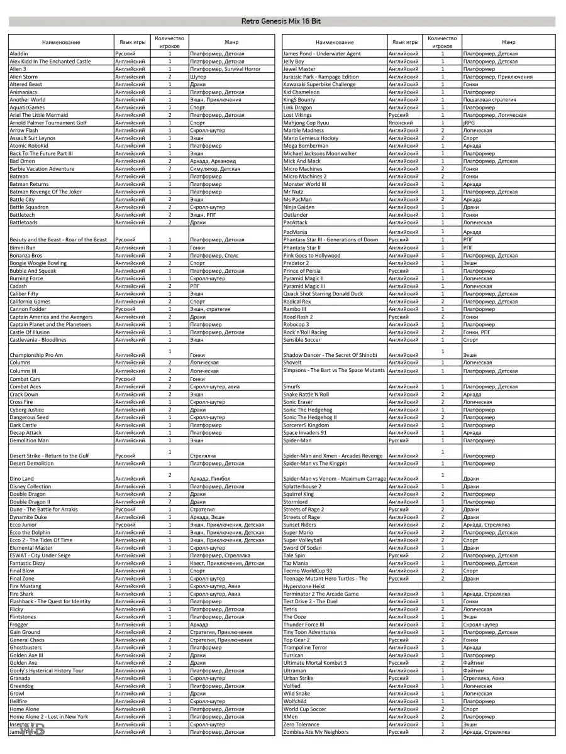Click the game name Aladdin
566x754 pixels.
(19, 54)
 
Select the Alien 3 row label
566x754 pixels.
(18, 69)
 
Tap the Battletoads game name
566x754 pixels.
(23, 222)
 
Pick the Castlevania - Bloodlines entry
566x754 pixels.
(38, 340)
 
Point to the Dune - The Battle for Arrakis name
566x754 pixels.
(43, 510)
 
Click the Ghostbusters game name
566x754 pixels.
(26, 648)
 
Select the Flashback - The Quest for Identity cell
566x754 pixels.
(50, 602)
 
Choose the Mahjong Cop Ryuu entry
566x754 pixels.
(306, 123)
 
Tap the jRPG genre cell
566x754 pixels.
(469, 123)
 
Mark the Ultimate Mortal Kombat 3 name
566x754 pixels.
(314, 663)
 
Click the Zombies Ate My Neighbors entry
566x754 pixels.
(316, 732)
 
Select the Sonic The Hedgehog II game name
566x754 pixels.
(310, 417)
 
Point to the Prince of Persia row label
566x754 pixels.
(302, 271)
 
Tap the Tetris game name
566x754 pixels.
(291, 609)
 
